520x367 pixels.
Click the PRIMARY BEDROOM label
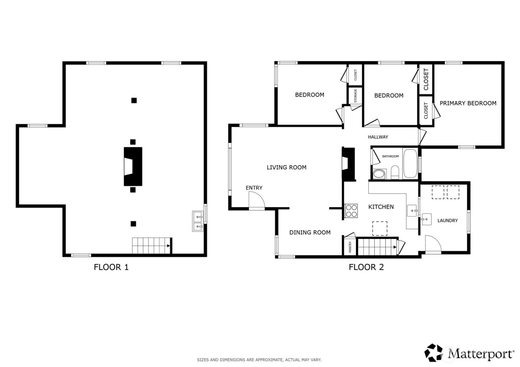(x=468, y=103)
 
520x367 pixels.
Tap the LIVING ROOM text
(x=286, y=167)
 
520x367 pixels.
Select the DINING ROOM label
(x=310, y=232)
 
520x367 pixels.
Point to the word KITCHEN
(x=381, y=207)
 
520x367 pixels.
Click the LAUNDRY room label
(x=447, y=220)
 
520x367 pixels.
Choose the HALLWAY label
(x=378, y=137)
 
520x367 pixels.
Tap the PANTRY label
(x=350, y=247)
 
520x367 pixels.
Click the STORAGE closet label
(x=355, y=96)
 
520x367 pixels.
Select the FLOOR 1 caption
(x=111, y=267)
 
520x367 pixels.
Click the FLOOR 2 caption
(x=366, y=267)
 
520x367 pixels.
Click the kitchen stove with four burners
(x=351, y=211)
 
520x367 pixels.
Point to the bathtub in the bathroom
(x=410, y=164)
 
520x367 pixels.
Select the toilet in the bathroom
(x=394, y=172)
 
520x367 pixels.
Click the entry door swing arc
(x=256, y=202)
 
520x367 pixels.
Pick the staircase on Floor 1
(x=151, y=246)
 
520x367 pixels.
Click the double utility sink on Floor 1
(x=198, y=221)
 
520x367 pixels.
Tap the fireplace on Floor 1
(x=133, y=166)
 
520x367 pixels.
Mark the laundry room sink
(x=426, y=220)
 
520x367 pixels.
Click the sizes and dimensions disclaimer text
(x=259, y=360)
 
